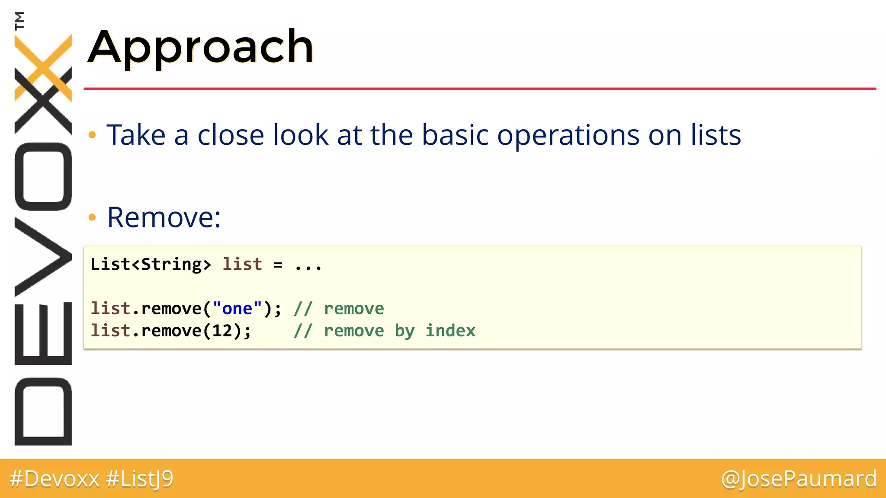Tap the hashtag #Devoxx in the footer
[55, 479]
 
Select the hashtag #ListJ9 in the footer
[140, 479]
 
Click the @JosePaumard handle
[799, 479]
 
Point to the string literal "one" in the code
[237, 309]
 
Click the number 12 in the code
[222, 331]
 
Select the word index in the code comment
[450, 331]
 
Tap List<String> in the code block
[151, 264]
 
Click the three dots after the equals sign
[308, 265]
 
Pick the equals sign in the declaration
[278, 265]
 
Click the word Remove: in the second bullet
[164, 217]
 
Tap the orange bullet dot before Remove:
[92, 217]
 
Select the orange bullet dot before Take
[92, 135]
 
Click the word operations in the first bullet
[568, 135]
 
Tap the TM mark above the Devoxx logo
[19, 20]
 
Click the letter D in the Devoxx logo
[43, 411]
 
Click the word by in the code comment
[404, 331]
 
